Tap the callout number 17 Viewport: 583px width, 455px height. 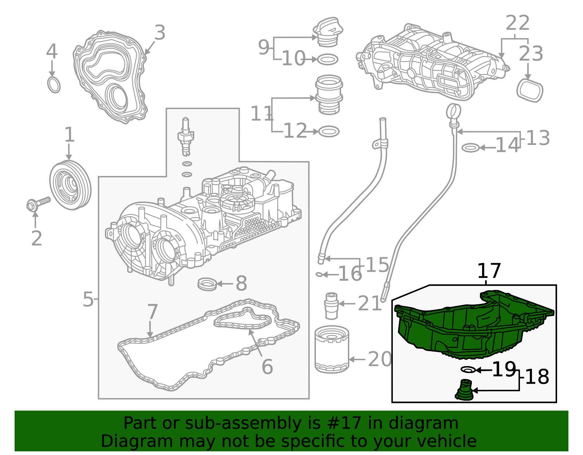coord(489,271)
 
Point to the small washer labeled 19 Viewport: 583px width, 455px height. coord(468,370)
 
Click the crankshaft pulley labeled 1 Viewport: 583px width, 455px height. coord(70,185)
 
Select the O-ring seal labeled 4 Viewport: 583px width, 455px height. coord(54,85)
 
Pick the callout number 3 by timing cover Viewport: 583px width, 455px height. coord(160,33)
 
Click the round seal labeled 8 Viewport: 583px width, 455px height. coord(207,284)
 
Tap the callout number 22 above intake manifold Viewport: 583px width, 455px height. coord(517,23)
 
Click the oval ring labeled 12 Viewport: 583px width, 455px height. coord(329,132)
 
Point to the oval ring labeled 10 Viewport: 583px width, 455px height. coord(328,59)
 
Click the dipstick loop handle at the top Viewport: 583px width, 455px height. coord(454,111)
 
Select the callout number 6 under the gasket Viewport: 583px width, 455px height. coord(267,366)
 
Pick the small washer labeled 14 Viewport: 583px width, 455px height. coord(470,148)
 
